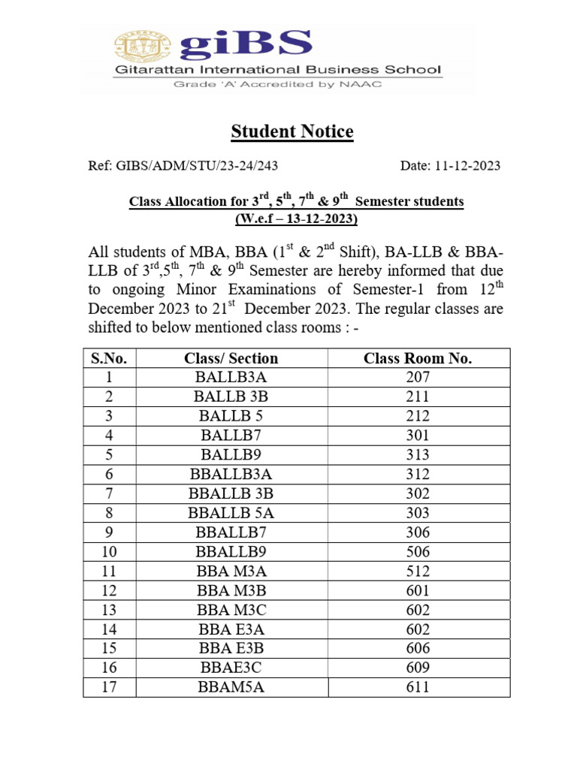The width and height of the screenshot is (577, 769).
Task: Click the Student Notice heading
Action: click(x=292, y=132)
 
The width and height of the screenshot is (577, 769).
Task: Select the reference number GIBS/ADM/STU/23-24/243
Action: click(x=188, y=166)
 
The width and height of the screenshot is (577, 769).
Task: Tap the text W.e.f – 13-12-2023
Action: click(x=297, y=219)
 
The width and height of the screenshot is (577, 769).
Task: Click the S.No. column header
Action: click(x=109, y=358)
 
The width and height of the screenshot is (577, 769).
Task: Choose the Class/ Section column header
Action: click(x=231, y=358)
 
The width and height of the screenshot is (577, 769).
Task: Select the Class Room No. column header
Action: click(x=418, y=358)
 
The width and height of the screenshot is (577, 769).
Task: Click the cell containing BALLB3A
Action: click(x=231, y=378)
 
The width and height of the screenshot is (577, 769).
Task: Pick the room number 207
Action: click(x=418, y=378)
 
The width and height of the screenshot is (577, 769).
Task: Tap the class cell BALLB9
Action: click(x=231, y=455)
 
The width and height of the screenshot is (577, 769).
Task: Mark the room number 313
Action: click(x=418, y=455)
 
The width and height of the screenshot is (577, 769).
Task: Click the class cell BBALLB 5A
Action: click(x=231, y=513)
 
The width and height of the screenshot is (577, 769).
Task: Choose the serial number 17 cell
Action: click(x=109, y=687)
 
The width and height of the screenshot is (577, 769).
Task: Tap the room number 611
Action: click(x=418, y=687)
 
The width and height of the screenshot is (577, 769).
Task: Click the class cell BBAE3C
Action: click(x=231, y=668)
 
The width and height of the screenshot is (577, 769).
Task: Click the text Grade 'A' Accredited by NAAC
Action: click(x=278, y=84)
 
